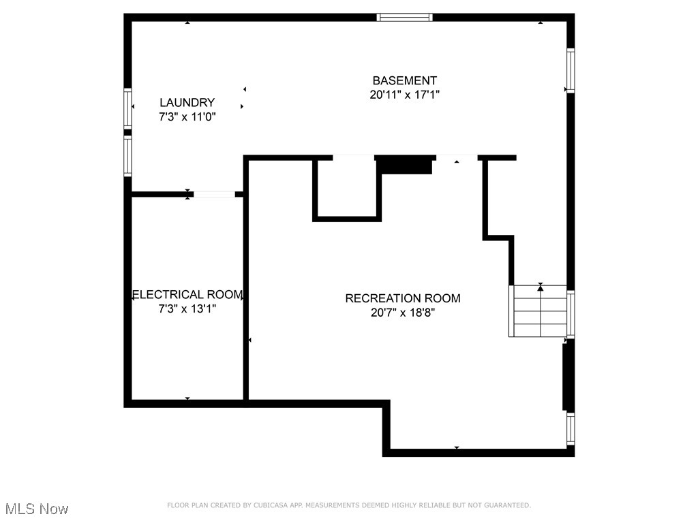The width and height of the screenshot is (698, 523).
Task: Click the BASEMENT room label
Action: click(x=404, y=80)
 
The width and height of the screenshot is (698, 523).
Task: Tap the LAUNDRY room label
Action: click(x=187, y=102)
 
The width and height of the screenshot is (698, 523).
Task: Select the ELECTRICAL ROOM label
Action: click(x=187, y=295)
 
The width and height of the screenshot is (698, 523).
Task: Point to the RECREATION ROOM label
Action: click(x=402, y=298)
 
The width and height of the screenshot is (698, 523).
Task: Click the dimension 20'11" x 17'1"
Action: click(x=404, y=95)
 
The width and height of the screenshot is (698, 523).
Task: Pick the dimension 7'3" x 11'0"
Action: click(x=187, y=116)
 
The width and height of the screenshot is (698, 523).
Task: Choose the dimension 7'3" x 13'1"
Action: click(x=187, y=309)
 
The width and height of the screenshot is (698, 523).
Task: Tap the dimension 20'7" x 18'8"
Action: click(x=402, y=313)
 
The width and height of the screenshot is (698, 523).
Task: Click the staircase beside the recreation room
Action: click(x=538, y=311)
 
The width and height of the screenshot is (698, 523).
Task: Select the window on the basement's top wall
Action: click(x=405, y=17)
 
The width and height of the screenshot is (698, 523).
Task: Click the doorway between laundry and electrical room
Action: click(x=214, y=194)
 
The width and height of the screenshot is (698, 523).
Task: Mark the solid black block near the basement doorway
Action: click(x=404, y=165)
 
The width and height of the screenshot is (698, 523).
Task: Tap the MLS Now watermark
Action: click(x=37, y=509)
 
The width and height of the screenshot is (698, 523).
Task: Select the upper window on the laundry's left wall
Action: click(x=127, y=108)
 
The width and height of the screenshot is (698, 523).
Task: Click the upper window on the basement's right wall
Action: click(x=571, y=71)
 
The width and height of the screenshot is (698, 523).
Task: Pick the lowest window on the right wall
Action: click(x=571, y=429)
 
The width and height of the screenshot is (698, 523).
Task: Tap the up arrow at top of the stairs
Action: click(x=541, y=288)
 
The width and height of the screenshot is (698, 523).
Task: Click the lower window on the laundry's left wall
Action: click(x=127, y=156)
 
